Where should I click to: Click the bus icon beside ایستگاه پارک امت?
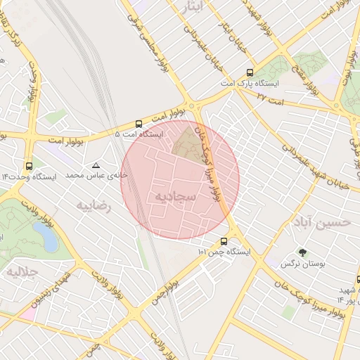click(x=250, y=73)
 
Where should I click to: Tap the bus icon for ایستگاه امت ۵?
click(x=139, y=124)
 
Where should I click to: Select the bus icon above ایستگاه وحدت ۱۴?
click(x=28, y=166)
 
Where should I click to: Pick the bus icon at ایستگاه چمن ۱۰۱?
click(x=224, y=241)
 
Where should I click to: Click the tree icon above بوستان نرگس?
click(x=303, y=252)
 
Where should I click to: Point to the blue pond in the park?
click(x=49, y=238)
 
